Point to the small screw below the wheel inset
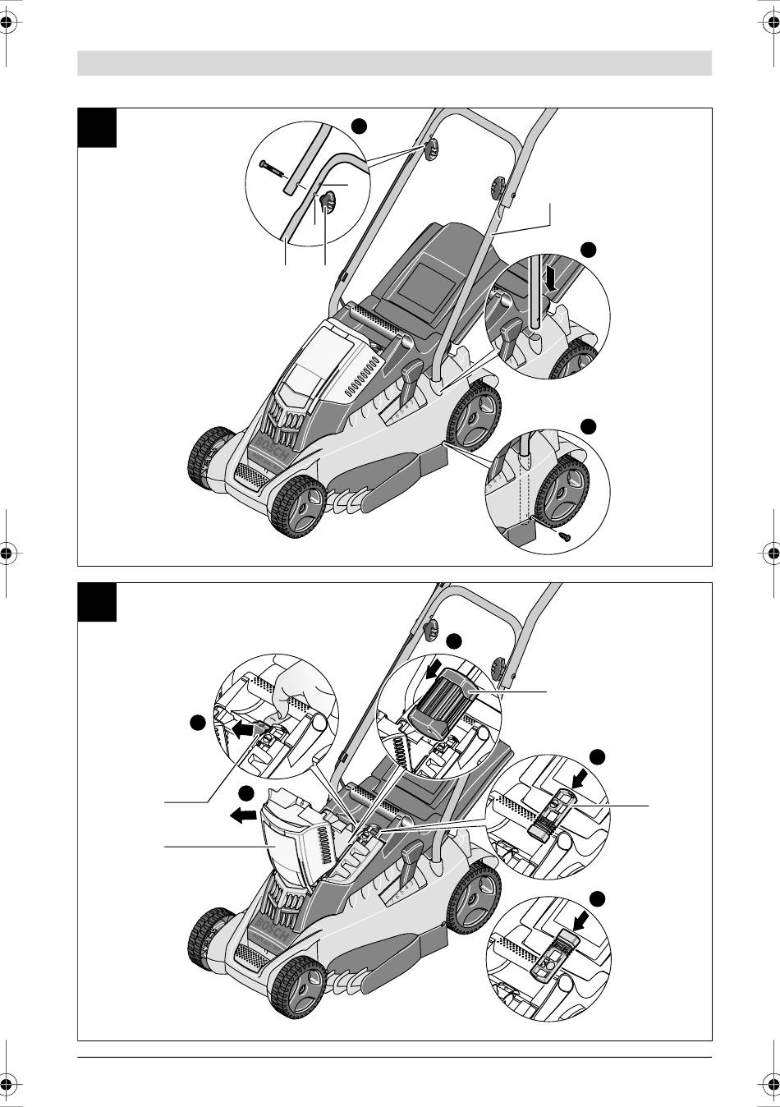click(564, 535)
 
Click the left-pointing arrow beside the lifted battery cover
click(243, 816)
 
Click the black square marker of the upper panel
click(97, 127)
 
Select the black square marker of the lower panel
click(97, 602)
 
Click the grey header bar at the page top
click(394, 63)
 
